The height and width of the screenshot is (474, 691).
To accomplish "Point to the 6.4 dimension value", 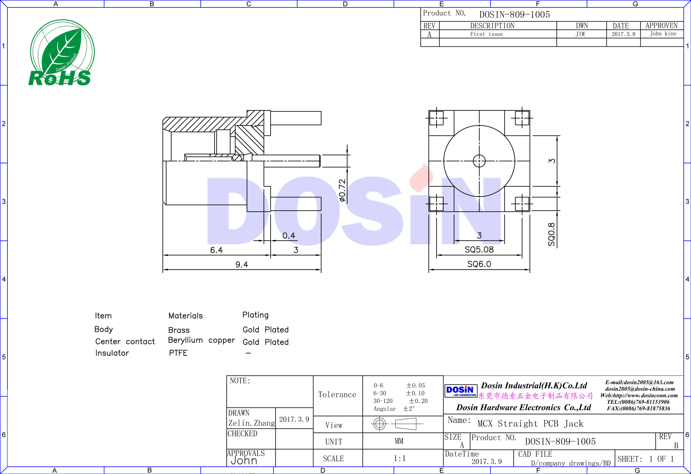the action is (216, 250).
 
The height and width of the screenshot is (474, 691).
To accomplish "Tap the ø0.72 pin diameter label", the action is (342, 191).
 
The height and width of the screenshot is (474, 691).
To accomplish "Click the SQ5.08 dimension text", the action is (479, 249).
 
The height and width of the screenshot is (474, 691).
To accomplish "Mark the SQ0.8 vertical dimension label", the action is (552, 234).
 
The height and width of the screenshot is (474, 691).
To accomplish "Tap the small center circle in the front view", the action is (479, 161).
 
